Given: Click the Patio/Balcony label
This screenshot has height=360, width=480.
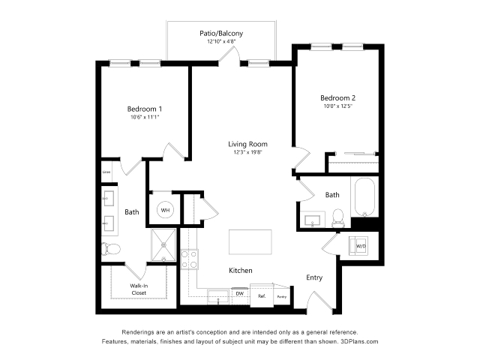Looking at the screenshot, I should click(x=220, y=34).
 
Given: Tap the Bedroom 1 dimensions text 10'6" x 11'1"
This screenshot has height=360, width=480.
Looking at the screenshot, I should click(x=144, y=117).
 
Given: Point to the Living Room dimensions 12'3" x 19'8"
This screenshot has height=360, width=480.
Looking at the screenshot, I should click(x=248, y=152).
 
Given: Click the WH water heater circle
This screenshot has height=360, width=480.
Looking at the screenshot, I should click(x=165, y=210).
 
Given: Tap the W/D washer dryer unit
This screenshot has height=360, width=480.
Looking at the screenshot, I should click(x=361, y=246).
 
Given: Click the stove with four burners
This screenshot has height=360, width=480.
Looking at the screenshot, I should click(x=190, y=259).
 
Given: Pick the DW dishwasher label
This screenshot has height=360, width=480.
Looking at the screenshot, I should click(x=239, y=293).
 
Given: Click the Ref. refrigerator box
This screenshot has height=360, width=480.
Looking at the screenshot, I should click(x=262, y=295).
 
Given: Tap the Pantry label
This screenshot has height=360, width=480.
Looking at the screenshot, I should click(x=281, y=297).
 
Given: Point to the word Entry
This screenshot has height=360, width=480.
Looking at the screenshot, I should click(x=314, y=277).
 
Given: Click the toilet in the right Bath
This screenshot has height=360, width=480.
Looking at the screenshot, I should click(x=337, y=218).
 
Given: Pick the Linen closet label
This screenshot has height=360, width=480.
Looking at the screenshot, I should click(x=107, y=172).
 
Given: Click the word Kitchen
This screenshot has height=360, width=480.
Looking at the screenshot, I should click(x=240, y=270).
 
